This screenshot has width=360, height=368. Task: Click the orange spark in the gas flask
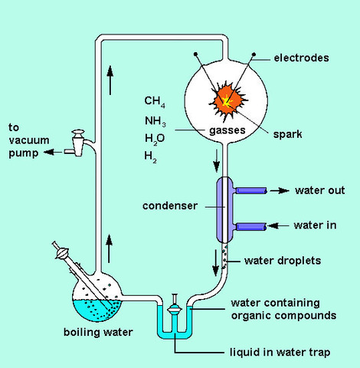227,97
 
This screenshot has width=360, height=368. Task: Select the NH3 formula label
155,120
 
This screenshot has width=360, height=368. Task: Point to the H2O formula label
155,139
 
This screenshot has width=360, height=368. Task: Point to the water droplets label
282,261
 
